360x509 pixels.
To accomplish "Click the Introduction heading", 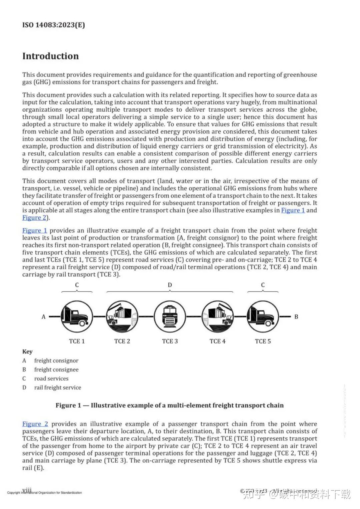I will [50, 56].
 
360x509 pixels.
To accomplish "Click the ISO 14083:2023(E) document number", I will [53, 25].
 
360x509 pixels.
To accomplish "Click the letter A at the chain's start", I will [43, 317].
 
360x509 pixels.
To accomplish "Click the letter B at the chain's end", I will [296, 317].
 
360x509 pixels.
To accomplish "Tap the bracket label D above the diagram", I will [170, 285].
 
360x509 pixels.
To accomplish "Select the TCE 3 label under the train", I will [170, 341].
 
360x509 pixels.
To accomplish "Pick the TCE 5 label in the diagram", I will [263, 341].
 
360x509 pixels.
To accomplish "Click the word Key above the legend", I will [27, 352].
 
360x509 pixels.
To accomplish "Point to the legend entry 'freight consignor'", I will [56, 361].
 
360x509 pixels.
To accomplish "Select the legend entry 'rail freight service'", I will [57, 388].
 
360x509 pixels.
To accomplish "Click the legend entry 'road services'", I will [51, 379].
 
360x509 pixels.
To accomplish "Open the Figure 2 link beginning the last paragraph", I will [35, 424].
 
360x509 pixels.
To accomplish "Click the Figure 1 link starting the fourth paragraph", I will [35, 231].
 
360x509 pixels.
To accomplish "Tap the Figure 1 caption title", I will [169, 405].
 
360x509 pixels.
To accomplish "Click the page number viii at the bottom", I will [27, 490].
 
